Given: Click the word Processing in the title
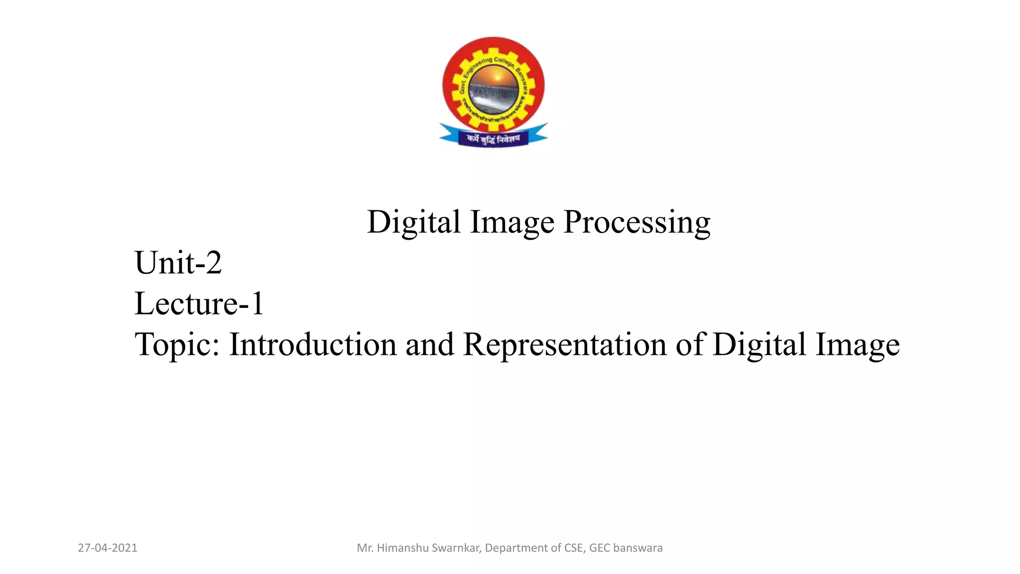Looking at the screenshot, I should [637, 222].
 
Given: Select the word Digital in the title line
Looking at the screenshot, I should [413, 222].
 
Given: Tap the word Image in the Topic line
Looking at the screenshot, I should [857, 345].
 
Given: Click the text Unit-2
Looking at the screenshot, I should [178, 263].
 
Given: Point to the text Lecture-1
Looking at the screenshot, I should [199, 303].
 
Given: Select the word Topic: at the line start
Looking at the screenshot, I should [177, 345].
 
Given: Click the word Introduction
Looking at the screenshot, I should [313, 345].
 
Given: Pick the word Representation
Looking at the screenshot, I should [564, 345].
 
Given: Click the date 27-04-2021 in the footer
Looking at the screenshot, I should [108, 548].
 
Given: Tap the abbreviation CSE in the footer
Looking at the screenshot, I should [573, 548].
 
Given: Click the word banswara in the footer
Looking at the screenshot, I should [638, 548].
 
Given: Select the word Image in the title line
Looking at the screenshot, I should [512, 222].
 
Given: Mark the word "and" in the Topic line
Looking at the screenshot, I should [430, 345].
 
